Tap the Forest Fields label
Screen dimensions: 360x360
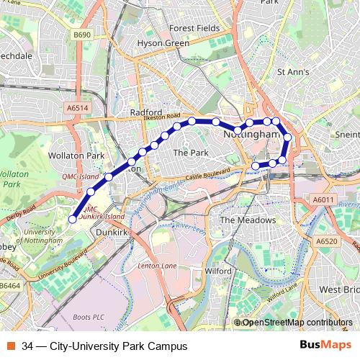click(194, 28)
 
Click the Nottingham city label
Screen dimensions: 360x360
click(251, 135)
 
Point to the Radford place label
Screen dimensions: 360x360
click(147, 112)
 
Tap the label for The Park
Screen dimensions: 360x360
click(190, 153)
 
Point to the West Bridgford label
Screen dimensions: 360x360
click(340, 289)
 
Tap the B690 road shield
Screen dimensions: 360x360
click(81, 34)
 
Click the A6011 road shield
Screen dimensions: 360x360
click(324, 199)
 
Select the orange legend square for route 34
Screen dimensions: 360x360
click(11, 346)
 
